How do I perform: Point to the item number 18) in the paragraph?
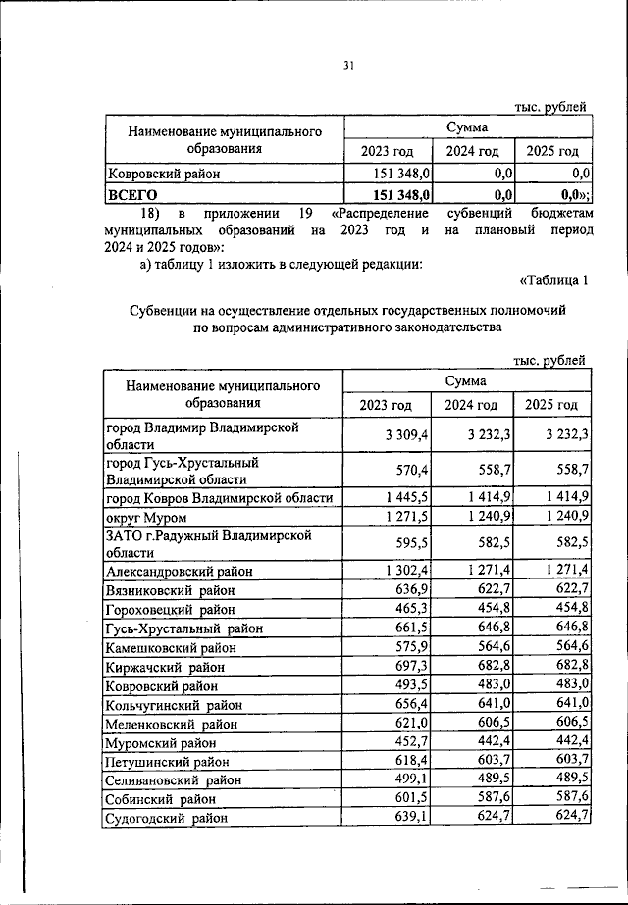[148, 213]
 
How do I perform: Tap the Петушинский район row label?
[168, 761]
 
